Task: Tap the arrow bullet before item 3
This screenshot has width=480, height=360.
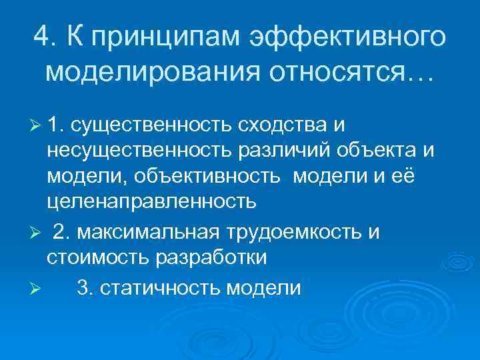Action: coord(36,289)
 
